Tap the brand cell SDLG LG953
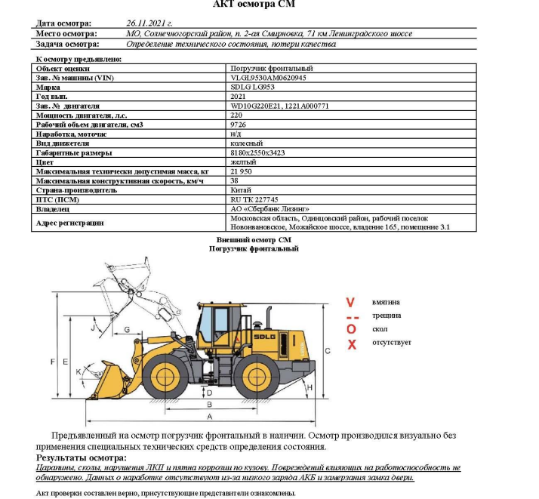pos(252,87)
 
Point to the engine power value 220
pos(236,115)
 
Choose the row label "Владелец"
pos(53,208)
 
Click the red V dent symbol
pos(350,302)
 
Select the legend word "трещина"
pos(387,316)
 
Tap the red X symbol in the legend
pos(351,344)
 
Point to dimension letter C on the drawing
pos(327,351)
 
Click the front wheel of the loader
pos(165,374)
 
